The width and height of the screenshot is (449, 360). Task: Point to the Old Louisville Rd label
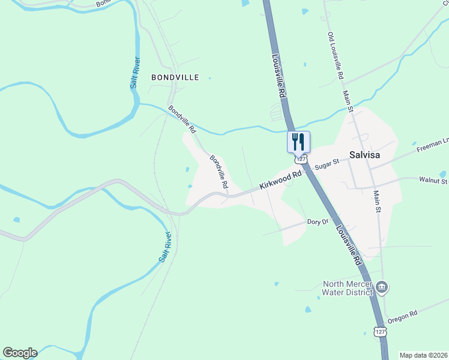click(x=335, y=56)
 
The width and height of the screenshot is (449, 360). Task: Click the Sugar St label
click(x=328, y=162)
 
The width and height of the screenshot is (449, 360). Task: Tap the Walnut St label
click(x=434, y=180)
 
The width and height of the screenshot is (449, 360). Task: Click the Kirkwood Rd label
click(x=280, y=181)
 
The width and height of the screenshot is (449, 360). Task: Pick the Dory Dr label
click(x=318, y=222)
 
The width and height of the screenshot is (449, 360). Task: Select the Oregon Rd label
click(x=402, y=316)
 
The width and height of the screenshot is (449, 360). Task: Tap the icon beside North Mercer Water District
click(x=382, y=289)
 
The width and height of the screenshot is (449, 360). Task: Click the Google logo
click(x=20, y=353)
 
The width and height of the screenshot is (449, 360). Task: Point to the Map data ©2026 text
click(x=423, y=355)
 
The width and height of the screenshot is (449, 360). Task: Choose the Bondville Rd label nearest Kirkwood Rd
click(x=219, y=173)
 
